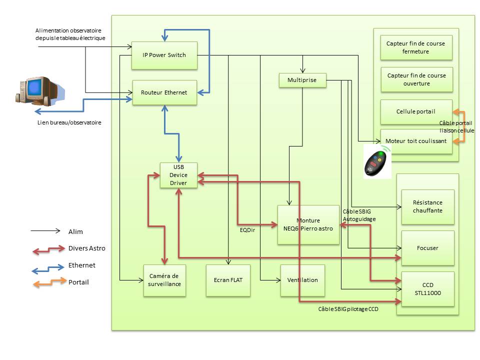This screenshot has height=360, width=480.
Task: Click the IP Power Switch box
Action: (164, 55)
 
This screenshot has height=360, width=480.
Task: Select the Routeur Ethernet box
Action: (164, 92)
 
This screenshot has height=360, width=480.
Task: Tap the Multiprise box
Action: (302, 80)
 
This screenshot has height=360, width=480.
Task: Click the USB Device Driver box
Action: (178, 175)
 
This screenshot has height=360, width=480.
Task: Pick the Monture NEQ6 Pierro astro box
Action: (308, 224)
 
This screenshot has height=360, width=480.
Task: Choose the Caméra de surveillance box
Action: (164, 280)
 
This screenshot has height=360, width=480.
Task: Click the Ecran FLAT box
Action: (228, 280)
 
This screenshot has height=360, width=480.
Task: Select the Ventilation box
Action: (302, 280)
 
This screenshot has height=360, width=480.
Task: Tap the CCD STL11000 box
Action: (427, 289)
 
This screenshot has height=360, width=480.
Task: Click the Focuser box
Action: (427, 248)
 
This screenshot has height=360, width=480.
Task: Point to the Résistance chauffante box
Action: (427, 207)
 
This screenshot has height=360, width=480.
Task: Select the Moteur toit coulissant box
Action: (416, 141)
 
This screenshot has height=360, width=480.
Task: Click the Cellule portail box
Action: (416, 112)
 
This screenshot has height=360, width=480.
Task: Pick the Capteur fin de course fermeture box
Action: (416, 47)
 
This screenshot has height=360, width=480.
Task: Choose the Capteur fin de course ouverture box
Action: (416, 79)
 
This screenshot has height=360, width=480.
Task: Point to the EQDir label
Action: (247, 230)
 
